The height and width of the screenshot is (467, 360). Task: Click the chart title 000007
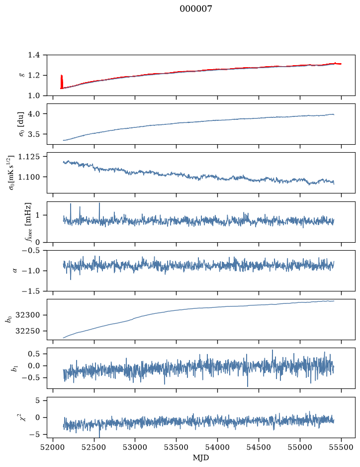(x=195, y=9)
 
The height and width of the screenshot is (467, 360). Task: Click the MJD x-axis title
(x=201, y=458)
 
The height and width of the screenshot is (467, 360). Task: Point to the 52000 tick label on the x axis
(x=53, y=447)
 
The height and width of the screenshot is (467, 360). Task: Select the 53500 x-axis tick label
(x=177, y=447)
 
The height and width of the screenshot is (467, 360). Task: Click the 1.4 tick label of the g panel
(x=34, y=55)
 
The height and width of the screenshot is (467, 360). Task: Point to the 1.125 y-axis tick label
(x=29, y=156)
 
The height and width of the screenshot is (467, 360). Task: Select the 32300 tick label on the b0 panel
(x=27, y=315)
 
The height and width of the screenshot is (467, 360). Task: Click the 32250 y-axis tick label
(x=27, y=331)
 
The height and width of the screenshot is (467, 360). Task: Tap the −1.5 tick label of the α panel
(x=31, y=291)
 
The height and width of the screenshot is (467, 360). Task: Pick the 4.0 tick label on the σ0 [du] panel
(x=34, y=114)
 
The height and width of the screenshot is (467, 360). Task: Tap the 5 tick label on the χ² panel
(x=37, y=400)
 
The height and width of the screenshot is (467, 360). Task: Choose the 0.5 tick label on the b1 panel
(x=34, y=354)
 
